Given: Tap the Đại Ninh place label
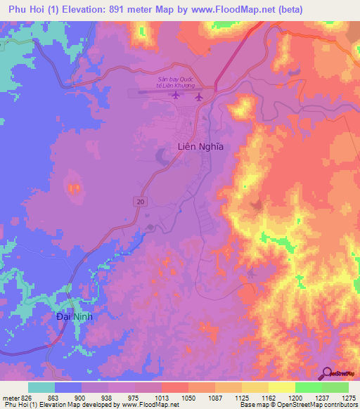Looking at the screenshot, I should (x=75, y=317).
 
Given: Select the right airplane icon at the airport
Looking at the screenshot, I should (x=198, y=96).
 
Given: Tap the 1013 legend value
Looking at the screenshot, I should (x=162, y=398).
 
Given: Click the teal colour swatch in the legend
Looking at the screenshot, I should (x=41, y=387).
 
